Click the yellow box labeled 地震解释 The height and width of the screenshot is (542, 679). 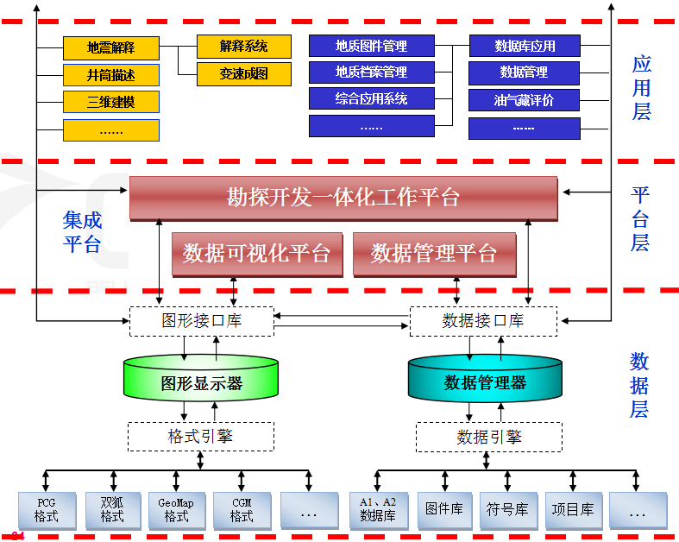click(x=111, y=47)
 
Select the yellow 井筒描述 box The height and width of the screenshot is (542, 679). click(x=111, y=74)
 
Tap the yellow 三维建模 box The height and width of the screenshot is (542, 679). click(x=111, y=102)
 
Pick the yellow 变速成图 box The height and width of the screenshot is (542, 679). click(x=244, y=73)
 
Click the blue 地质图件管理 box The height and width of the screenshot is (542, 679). click(x=371, y=46)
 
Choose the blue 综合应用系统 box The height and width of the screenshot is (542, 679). click(x=371, y=99)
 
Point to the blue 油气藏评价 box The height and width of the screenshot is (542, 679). click(x=524, y=100)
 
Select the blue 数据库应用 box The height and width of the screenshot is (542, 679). click(x=524, y=46)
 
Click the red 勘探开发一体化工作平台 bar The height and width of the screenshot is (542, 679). click(x=343, y=198)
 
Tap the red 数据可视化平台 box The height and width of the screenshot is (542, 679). click(x=257, y=254)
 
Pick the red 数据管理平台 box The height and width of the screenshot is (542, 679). click(x=434, y=254)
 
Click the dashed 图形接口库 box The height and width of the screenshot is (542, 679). click(x=201, y=321)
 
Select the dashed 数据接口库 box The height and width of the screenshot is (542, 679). click(x=483, y=321)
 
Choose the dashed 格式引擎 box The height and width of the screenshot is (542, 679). click(x=201, y=437)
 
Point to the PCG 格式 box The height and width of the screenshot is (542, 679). click(x=47, y=510)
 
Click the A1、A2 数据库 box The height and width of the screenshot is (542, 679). click(x=378, y=510)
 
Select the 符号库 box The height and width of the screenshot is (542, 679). click(x=509, y=510)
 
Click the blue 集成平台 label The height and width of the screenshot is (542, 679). click(x=82, y=231)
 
